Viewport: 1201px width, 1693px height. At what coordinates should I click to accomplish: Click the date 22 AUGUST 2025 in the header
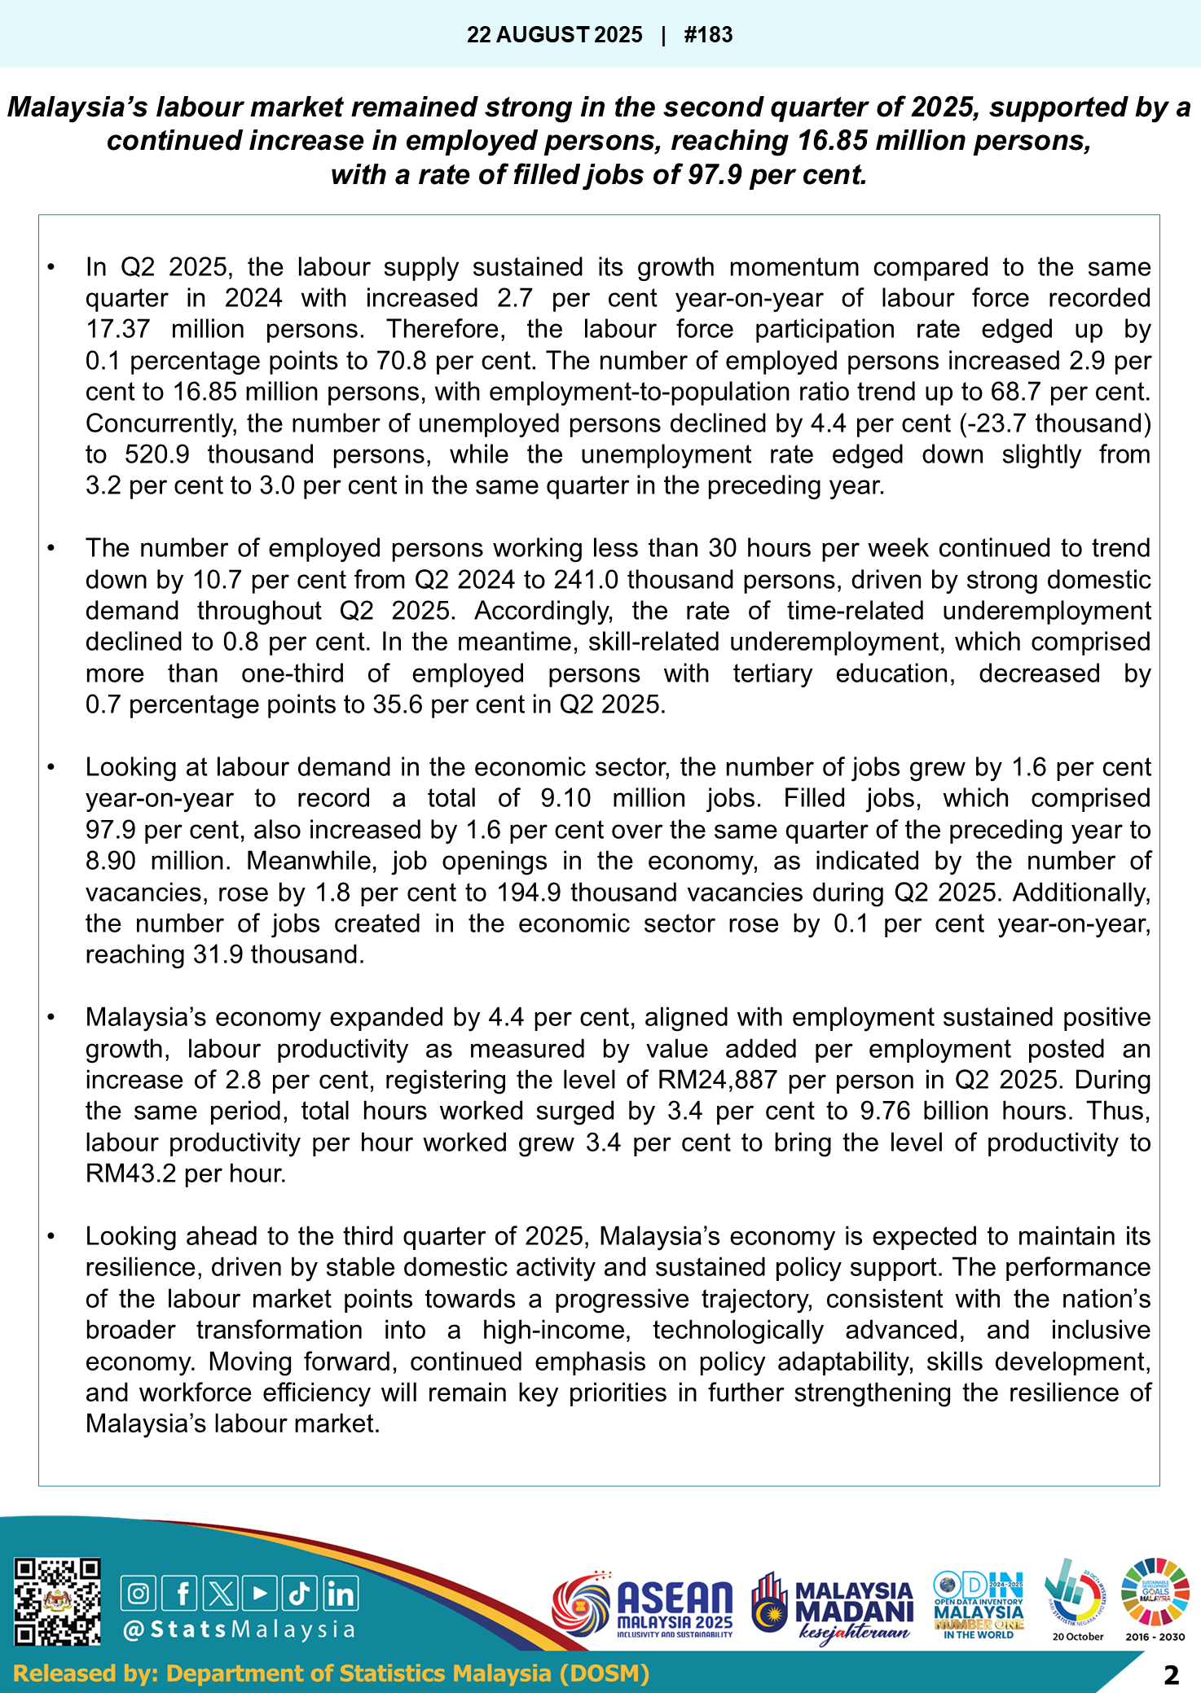click(x=554, y=35)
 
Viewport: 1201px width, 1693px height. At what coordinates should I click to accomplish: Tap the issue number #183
click(x=708, y=35)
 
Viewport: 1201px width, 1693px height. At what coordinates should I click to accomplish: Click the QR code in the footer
click(x=58, y=1602)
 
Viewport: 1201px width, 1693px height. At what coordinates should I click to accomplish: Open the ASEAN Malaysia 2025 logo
click(x=643, y=1608)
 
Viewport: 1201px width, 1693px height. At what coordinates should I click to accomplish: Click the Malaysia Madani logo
click(x=831, y=1608)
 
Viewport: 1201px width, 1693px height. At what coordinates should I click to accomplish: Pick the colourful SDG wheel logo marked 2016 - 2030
click(x=1155, y=1594)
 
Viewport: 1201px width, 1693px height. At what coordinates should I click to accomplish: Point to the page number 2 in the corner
click(x=1171, y=1675)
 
